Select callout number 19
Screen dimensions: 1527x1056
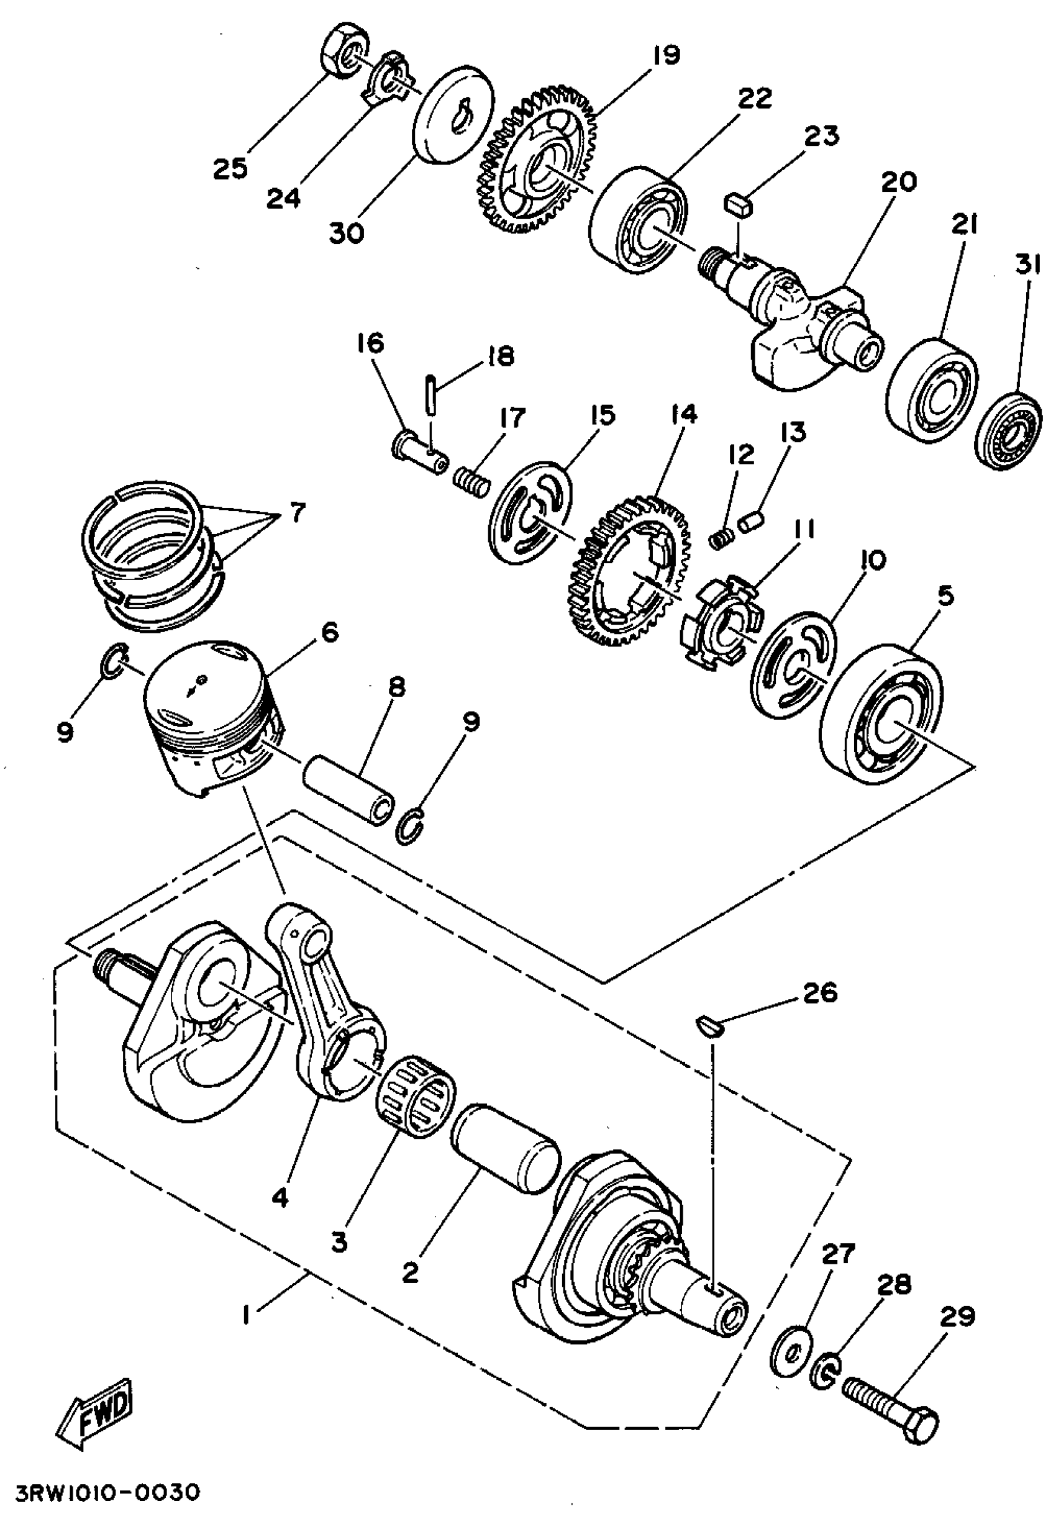point(666,55)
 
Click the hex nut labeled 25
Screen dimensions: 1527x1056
point(344,55)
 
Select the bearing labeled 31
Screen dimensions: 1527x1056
point(1009,430)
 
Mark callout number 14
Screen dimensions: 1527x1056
point(684,415)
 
